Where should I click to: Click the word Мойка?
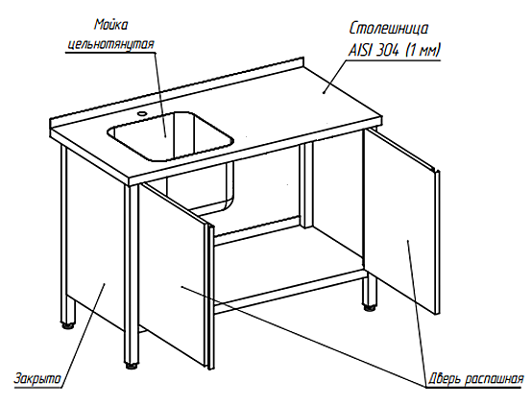point(110,25)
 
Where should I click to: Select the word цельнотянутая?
point(110,44)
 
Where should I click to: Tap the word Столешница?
point(389,29)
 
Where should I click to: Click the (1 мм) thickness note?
point(423,51)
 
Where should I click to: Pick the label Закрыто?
point(37,378)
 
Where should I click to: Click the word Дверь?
point(444,378)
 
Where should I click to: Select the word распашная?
point(494,379)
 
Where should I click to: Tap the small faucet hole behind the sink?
point(141,113)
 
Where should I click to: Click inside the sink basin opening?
point(170,135)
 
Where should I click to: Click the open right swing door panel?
point(400,221)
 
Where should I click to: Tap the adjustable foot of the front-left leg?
point(132,366)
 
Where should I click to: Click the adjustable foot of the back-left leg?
point(67,325)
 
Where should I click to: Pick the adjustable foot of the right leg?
point(370,307)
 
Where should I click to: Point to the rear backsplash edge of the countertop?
point(177,89)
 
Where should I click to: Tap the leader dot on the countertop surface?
point(324,92)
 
